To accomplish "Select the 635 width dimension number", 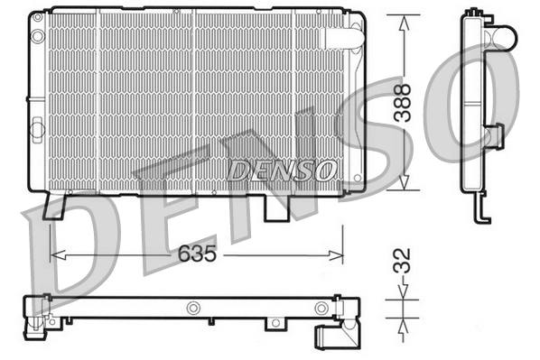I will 196,254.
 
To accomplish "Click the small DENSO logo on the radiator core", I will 281,170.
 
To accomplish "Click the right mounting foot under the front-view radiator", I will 276,207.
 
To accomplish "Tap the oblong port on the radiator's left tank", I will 38,130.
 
